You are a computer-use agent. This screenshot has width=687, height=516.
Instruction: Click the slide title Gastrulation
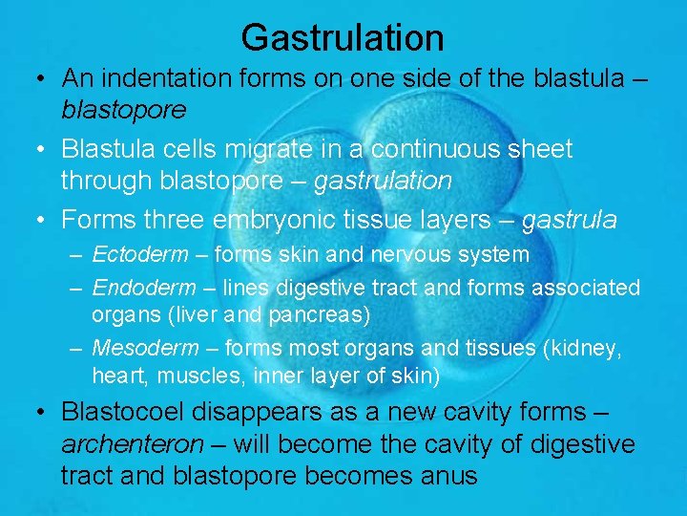click(343, 37)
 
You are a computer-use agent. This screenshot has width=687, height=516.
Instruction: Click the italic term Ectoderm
click(139, 255)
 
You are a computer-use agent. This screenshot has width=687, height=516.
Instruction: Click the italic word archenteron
click(133, 444)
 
